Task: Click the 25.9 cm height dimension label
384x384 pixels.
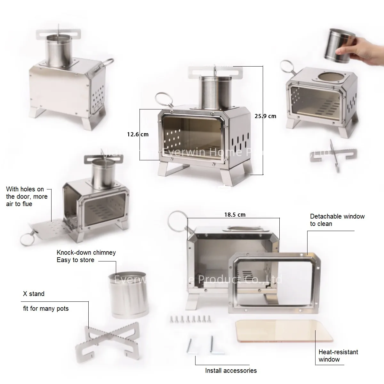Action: pos(265,116)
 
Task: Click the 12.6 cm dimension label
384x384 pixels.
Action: pos(138,134)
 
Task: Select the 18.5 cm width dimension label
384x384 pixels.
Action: pos(235,215)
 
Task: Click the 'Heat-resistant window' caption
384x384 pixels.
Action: pos(338,356)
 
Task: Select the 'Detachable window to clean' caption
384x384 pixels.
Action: pos(337,220)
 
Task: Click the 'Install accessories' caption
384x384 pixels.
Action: pos(231,371)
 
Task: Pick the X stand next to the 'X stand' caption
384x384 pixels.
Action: pos(107,340)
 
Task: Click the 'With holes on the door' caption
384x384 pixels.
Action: pos(27,196)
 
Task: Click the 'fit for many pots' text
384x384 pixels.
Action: pos(46,309)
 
